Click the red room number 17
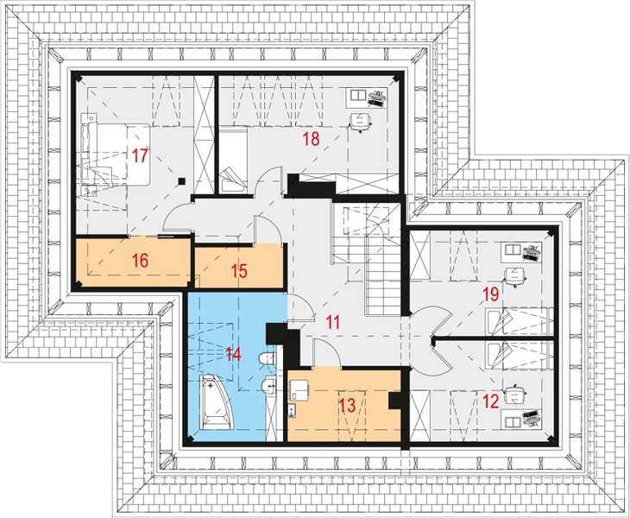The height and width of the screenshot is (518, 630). point(140,155)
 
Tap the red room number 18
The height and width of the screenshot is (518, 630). point(311,139)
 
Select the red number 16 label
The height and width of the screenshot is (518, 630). point(140,261)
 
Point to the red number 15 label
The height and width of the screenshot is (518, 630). point(239,271)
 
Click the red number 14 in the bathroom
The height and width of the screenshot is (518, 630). point(233,355)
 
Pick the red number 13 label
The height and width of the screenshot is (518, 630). point(347,405)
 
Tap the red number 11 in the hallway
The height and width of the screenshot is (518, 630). point(332,322)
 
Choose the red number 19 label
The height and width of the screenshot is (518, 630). point(490,294)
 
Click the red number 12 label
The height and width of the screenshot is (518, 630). point(490,401)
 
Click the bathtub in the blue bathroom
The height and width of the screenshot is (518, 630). point(216,401)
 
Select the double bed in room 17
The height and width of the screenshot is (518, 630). point(116,155)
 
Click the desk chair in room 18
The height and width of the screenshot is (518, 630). point(360,123)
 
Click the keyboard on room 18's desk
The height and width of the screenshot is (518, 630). point(377,98)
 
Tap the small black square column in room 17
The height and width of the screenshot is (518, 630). point(182,181)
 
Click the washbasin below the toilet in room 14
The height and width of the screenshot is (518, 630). point(268,386)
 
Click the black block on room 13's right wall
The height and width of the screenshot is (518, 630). point(394,401)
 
